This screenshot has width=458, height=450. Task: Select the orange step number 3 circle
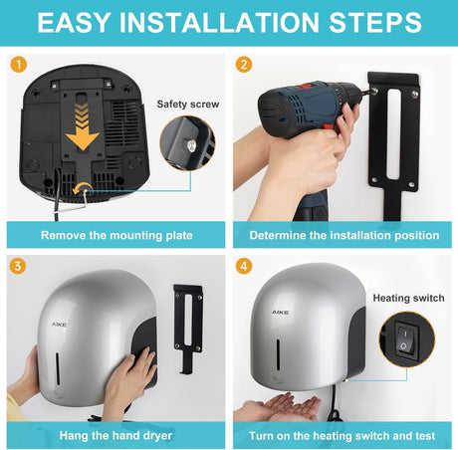point(16,267)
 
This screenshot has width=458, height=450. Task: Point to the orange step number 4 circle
point(244,267)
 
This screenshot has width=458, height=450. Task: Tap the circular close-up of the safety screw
point(187,146)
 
